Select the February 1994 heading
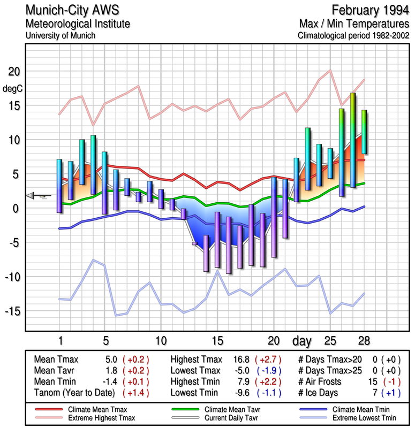click(x=369, y=10)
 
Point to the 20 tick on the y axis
click(x=13, y=72)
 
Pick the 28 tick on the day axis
click(x=364, y=341)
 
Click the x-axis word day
click(x=303, y=341)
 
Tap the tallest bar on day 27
click(x=353, y=140)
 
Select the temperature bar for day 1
click(x=59, y=186)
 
